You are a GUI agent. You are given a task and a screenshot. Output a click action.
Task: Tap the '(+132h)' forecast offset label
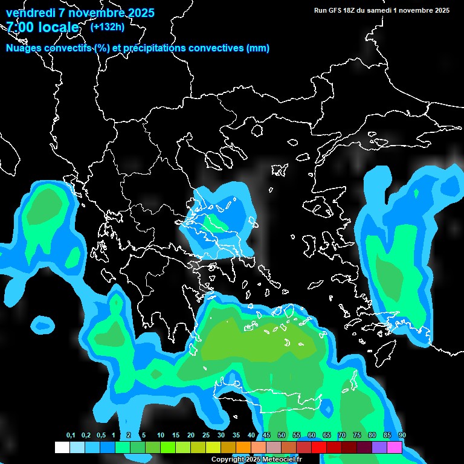tap(107, 27)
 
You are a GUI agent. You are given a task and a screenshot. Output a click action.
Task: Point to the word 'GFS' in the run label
tap(336, 10)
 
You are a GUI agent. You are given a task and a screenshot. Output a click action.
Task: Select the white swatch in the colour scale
tap(62, 448)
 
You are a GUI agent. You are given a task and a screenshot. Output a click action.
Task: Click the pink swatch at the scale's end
tap(395, 448)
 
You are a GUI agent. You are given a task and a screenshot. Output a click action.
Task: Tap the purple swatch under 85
tap(379, 448)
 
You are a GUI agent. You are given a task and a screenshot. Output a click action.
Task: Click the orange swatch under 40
tap(243, 448)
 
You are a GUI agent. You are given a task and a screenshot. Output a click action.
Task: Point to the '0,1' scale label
tap(71, 436)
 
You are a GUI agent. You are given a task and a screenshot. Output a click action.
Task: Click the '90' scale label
tap(402, 436)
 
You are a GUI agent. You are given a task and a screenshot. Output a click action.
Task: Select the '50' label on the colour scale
tap(282, 436)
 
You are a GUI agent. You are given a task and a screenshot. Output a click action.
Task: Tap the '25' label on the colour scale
tap(206, 436)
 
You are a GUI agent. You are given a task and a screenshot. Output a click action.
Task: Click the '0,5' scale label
tap(100, 436)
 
